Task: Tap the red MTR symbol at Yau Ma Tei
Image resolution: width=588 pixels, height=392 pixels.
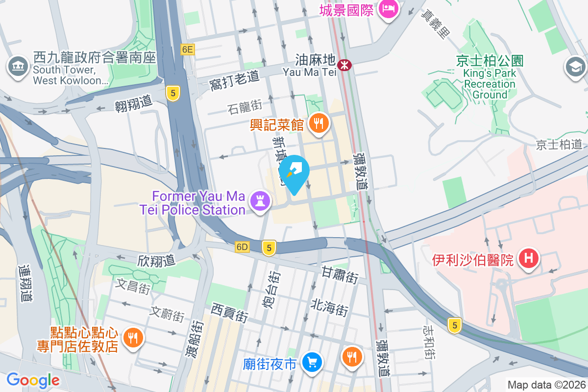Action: pyautogui.click(x=345, y=64)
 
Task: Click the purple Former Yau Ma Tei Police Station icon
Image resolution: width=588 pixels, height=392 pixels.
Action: pyautogui.click(x=260, y=200)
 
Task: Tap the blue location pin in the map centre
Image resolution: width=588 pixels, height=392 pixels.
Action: pyautogui.click(x=294, y=172)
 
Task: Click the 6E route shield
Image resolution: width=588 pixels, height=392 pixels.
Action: pyautogui.click(x=187, y=49)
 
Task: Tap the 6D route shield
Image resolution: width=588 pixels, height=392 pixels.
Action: pyautogui.click(x=242, y=246)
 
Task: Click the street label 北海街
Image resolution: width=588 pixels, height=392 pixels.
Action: pyautogui.click(x=329, y=307)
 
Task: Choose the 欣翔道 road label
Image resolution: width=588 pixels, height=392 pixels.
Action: pyautogui.click(x=156, y=260)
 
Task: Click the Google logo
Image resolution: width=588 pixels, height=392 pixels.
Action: pyautogui.click(x=33, y=380)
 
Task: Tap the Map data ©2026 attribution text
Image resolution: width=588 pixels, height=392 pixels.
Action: pyautogui.click(x=546, y=385)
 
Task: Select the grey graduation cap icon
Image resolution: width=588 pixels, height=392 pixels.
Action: pyautogui.click(x=576, y=67)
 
